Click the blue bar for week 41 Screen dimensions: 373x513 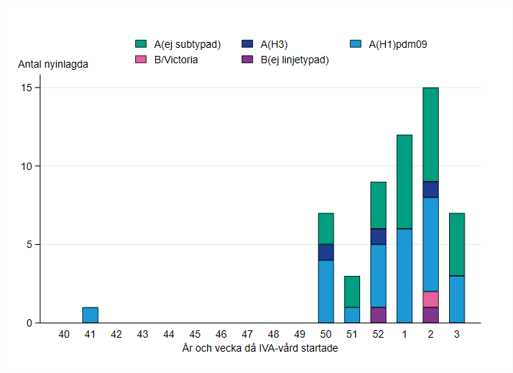90,315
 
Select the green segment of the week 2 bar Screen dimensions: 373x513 430,135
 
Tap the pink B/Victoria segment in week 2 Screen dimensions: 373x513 430,299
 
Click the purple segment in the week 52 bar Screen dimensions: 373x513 378,315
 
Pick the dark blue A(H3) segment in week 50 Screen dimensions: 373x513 326,252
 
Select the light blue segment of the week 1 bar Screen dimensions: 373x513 404,276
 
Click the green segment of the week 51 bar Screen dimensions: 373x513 352,291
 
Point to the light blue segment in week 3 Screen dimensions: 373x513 456,299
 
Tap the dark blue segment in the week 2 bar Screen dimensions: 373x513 430,190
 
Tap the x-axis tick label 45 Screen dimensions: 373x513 195,334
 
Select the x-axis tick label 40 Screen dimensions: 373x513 64,334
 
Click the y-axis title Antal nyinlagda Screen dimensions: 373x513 54,64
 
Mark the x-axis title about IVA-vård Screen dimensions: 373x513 259,348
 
